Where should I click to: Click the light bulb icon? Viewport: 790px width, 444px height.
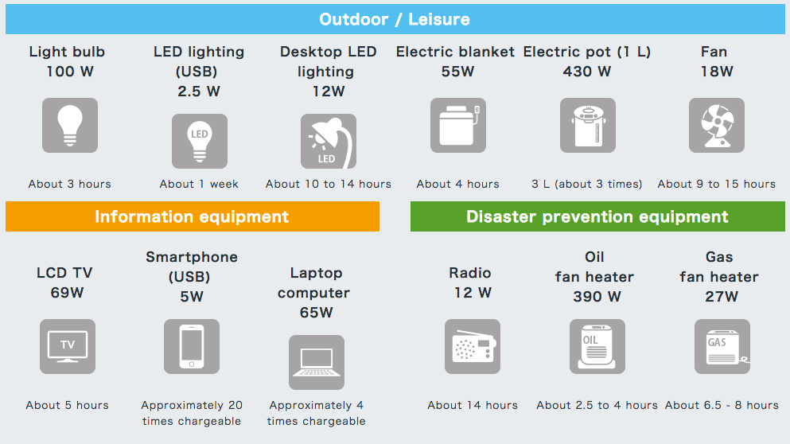click(69, 126)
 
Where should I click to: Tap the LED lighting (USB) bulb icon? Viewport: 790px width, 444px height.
click(200, 141)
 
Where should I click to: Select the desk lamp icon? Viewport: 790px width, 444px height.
click(329, 141)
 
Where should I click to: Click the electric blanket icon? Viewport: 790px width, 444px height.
click(458, 126)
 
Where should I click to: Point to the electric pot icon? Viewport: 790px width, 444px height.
click(588, 126)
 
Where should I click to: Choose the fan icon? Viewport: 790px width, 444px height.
click(717, 126)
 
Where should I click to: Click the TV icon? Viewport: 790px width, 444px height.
click(68, 347)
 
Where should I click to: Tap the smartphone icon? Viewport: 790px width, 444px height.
click(192, 347)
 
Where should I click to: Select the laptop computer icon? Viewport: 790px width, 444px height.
click(317, 362)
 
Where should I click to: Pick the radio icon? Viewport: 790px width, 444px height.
click(473, 347)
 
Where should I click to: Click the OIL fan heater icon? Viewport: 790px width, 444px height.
click(597, 347)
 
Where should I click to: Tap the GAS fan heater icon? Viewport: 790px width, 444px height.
click(722, 347)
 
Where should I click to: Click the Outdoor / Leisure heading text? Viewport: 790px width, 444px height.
click(395, 19)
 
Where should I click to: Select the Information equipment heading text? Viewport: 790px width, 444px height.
click(192, 216)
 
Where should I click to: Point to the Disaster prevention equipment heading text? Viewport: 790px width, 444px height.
click(597, 216)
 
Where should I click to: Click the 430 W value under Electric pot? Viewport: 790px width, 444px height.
click(587, 72)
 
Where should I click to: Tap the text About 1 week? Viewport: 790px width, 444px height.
click(199, 184)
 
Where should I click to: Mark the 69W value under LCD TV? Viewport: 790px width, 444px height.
click(67, 293)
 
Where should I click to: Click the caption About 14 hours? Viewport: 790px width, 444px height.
click(473, 405)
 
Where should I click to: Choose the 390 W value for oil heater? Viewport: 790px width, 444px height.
click(597, 297)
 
